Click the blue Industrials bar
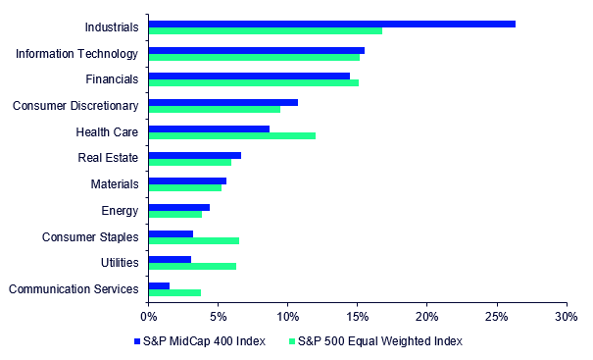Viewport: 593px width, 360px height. click(332, 25)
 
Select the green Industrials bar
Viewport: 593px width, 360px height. click(266, 31)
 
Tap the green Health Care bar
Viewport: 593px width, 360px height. click(232, 136)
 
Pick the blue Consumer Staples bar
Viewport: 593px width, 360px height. click(171, 233)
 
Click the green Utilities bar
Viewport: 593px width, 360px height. click(192, 267)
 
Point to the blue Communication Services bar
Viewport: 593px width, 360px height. click(159, 286)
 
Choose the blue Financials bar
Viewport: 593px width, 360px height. click(249, 77)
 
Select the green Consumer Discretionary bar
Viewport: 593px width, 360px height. click(215, 110)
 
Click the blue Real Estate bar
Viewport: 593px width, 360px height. click(195, 156)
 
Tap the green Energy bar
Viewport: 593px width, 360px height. click(175, 214)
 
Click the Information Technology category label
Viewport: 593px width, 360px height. click(76, 54)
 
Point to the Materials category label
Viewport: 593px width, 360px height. click(115, 184)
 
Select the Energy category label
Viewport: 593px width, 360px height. click(120, 211)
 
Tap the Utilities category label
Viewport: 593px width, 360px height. click(120, 263)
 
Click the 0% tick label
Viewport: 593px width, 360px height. click(149, 317)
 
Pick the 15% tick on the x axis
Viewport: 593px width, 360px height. click(358, 303)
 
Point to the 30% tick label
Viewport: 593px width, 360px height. click(567, 317)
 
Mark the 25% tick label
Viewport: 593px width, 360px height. click(497, 317)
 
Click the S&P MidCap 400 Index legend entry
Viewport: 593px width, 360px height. click(200, 341)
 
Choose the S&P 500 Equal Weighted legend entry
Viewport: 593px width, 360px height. click(375, 341)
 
